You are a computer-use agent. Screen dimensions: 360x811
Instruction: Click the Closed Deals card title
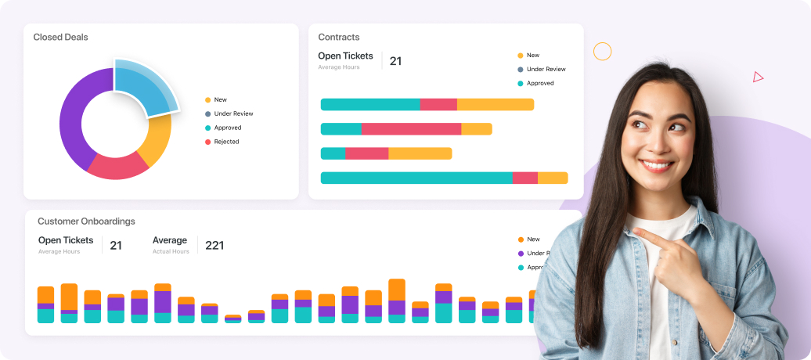60,37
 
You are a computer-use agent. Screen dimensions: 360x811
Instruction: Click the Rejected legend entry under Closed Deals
226,142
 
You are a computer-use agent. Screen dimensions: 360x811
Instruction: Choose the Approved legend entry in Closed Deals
227,128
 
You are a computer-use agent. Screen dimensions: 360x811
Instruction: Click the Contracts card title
339,37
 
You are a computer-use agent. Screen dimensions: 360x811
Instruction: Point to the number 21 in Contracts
395,61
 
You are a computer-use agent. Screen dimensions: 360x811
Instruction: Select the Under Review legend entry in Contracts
546,70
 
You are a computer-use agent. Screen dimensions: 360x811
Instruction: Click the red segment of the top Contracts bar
438,105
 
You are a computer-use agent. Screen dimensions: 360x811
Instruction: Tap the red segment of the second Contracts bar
411,129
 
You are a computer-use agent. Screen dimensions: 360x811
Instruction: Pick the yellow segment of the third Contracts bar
420,153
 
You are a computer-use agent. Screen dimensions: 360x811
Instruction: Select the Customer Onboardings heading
86,221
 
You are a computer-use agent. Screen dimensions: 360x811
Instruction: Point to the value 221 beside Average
214,245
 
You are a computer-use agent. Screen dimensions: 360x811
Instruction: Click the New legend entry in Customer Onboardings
532,239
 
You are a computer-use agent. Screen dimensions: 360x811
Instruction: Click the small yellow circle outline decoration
602,52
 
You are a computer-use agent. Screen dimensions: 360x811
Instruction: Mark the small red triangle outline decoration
758,77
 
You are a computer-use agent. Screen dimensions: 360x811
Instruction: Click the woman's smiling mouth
658,164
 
